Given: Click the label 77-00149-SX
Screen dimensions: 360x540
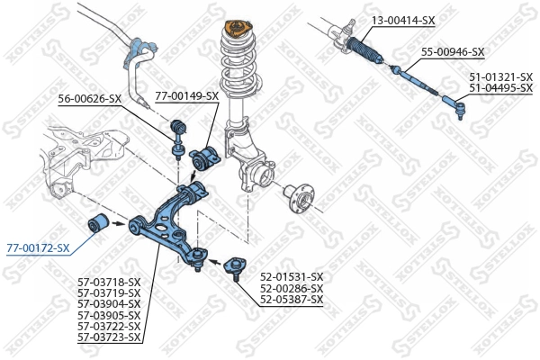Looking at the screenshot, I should (x=186, y=95).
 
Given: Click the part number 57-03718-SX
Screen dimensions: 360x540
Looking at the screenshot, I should (x=109, y=282).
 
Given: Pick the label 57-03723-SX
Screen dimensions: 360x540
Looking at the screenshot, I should (x=109, y=337).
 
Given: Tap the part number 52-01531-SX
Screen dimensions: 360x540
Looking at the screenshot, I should (x=292, y=276).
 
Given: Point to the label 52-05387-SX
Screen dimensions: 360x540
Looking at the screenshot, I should (x=292, y=299).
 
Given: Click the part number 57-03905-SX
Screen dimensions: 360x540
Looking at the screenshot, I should (x=109, y=315).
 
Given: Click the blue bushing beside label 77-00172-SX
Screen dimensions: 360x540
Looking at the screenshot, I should (x=97, y=223).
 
